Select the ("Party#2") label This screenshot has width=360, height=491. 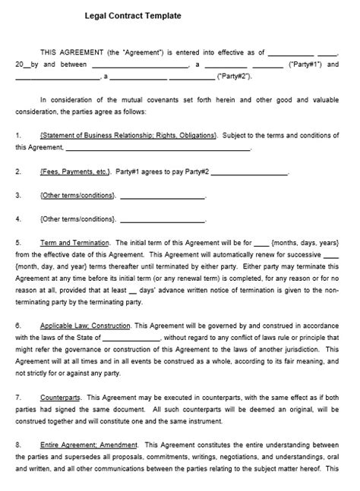(x=235, y=77)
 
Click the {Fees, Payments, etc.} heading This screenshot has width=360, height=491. (x=74, y=172)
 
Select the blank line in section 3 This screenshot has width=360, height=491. (x=163, y=196)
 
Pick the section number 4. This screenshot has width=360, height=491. (x=17, y=219)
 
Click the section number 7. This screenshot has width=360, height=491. (x=17, y=397)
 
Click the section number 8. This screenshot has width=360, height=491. (x=17, y=445)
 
